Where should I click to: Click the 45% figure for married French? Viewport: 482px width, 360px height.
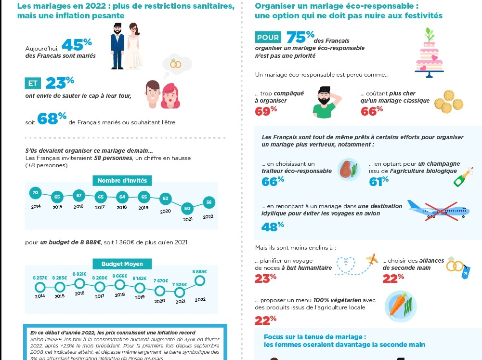point(76,45)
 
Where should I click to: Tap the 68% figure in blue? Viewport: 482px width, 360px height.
point(52,119)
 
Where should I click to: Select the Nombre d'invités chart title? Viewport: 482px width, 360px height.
point(122,181)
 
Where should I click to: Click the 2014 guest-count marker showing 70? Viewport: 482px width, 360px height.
point(34,193)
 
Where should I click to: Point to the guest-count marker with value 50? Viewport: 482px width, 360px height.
point(187,208)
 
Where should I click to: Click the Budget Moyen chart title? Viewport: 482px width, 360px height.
point(123,264)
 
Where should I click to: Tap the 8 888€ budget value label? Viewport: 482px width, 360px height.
point(199,272)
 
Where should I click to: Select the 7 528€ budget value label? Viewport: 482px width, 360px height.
point(179,284)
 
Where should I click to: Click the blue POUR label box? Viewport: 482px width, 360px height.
point(268,38)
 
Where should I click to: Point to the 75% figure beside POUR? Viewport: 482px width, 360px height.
point(300,37)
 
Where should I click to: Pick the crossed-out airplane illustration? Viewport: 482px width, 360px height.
point(438,211)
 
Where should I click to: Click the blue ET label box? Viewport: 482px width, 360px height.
point(33,83)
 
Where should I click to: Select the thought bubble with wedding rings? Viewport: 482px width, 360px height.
point(177,64)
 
